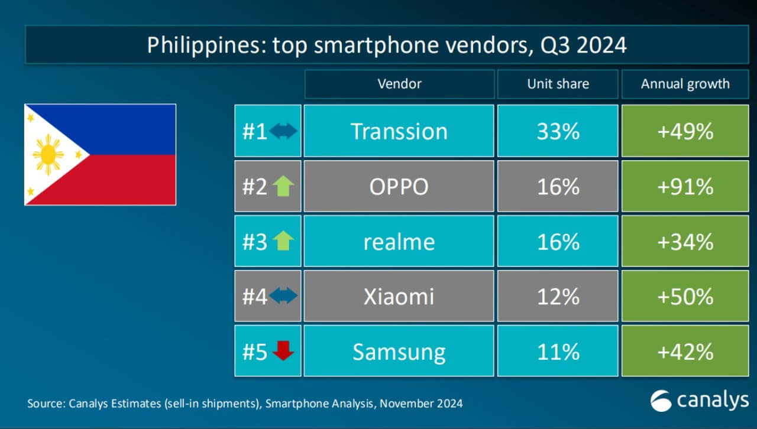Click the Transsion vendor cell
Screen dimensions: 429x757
[399, 131]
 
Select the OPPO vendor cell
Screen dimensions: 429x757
[399, 187]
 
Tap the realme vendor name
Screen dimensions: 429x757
[399, 242]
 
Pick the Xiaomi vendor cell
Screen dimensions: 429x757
[399, 296]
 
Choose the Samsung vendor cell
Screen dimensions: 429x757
[399, 352]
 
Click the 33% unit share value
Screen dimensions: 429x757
[558, 131]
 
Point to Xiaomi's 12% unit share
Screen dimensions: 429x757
[558, 296]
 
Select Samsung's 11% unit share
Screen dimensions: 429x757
[558, 352]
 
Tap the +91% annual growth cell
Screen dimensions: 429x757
[685, 187]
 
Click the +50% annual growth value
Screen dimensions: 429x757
[685, 296]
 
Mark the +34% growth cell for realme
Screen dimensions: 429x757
[685, 242]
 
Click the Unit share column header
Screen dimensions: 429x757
[558, 84]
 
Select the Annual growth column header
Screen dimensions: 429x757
[685, 84]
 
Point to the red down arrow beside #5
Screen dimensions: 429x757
[283, 351]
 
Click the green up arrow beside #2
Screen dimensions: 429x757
[283, 187]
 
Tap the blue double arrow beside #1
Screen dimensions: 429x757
[283, 132]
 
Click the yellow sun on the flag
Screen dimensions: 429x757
[48, 154]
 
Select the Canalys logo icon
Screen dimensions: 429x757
[661, 401]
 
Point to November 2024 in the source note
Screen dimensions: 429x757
[421, 404]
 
